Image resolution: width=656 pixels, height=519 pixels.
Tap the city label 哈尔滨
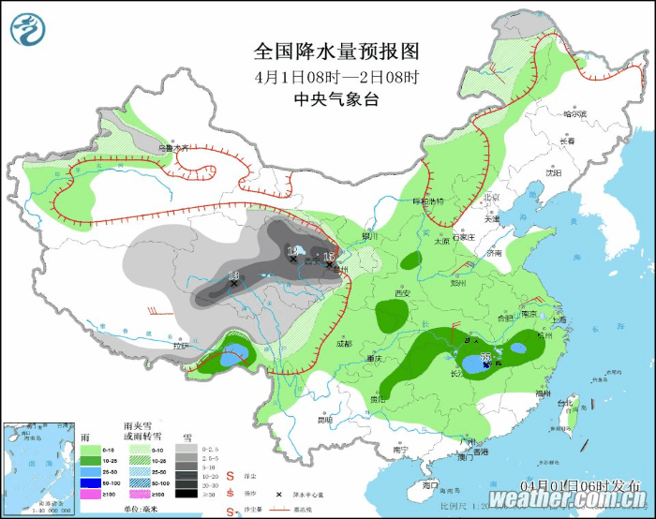click(574, 114)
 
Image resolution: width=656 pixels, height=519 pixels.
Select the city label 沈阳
click(551, 173)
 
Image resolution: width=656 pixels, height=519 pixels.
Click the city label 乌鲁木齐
click(172, 147)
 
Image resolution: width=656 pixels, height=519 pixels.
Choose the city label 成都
click(343, 343)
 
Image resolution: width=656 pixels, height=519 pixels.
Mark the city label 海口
click(429, 485)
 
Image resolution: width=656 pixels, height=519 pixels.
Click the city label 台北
click(564, 404)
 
